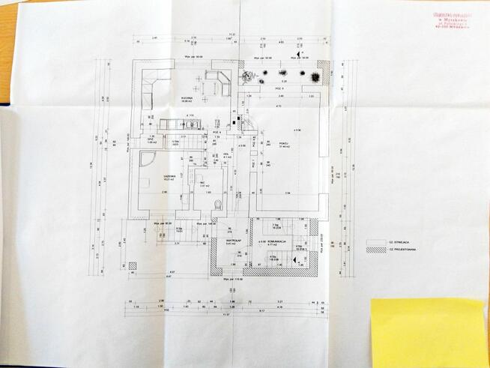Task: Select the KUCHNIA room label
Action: tap(187, 98)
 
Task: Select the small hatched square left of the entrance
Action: tap(133, 265)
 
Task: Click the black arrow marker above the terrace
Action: tap(297, 56)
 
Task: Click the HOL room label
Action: tap(226, 154)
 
